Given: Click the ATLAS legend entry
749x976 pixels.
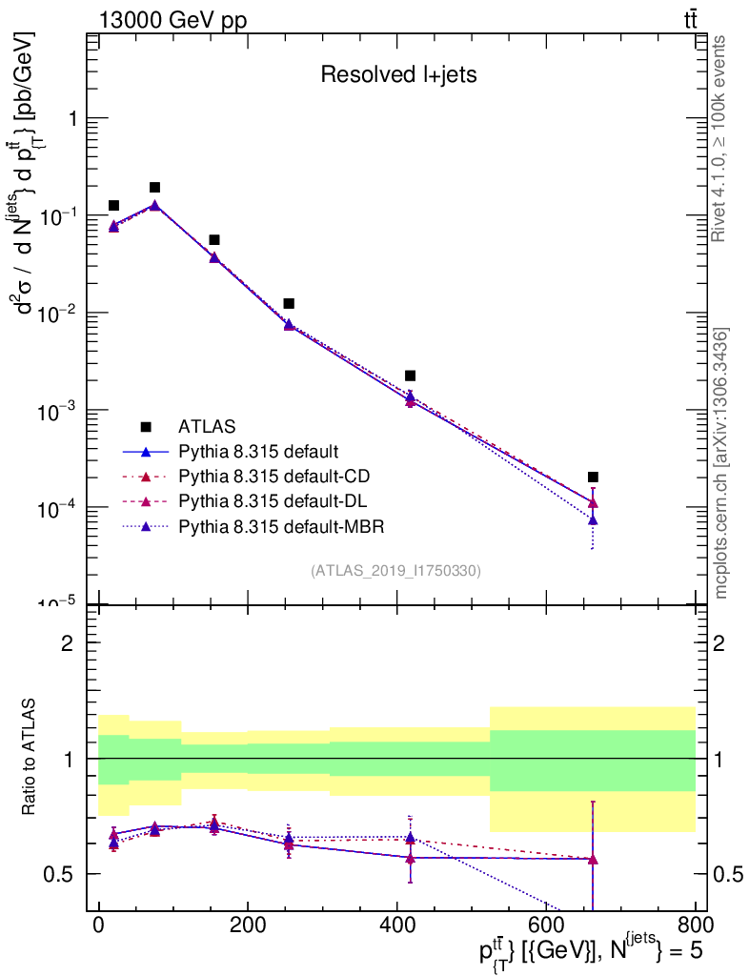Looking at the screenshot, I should pos(207,426).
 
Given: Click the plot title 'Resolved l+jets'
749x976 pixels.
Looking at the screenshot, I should pos(398,75).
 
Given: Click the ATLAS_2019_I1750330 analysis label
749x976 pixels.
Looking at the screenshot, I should pos(395,571).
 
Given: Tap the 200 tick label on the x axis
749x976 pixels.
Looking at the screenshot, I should pos(248,925).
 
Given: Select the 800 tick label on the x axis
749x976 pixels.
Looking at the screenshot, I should pos(694,925).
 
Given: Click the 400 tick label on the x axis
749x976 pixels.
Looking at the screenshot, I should pos(396,925).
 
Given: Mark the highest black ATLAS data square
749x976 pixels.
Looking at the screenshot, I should pos(154,188).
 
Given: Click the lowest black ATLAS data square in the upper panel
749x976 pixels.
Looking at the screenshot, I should pos(593,478).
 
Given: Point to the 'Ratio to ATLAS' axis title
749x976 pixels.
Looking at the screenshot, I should pos(31,757).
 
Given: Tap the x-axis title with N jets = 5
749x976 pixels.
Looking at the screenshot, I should pos(591,949).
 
